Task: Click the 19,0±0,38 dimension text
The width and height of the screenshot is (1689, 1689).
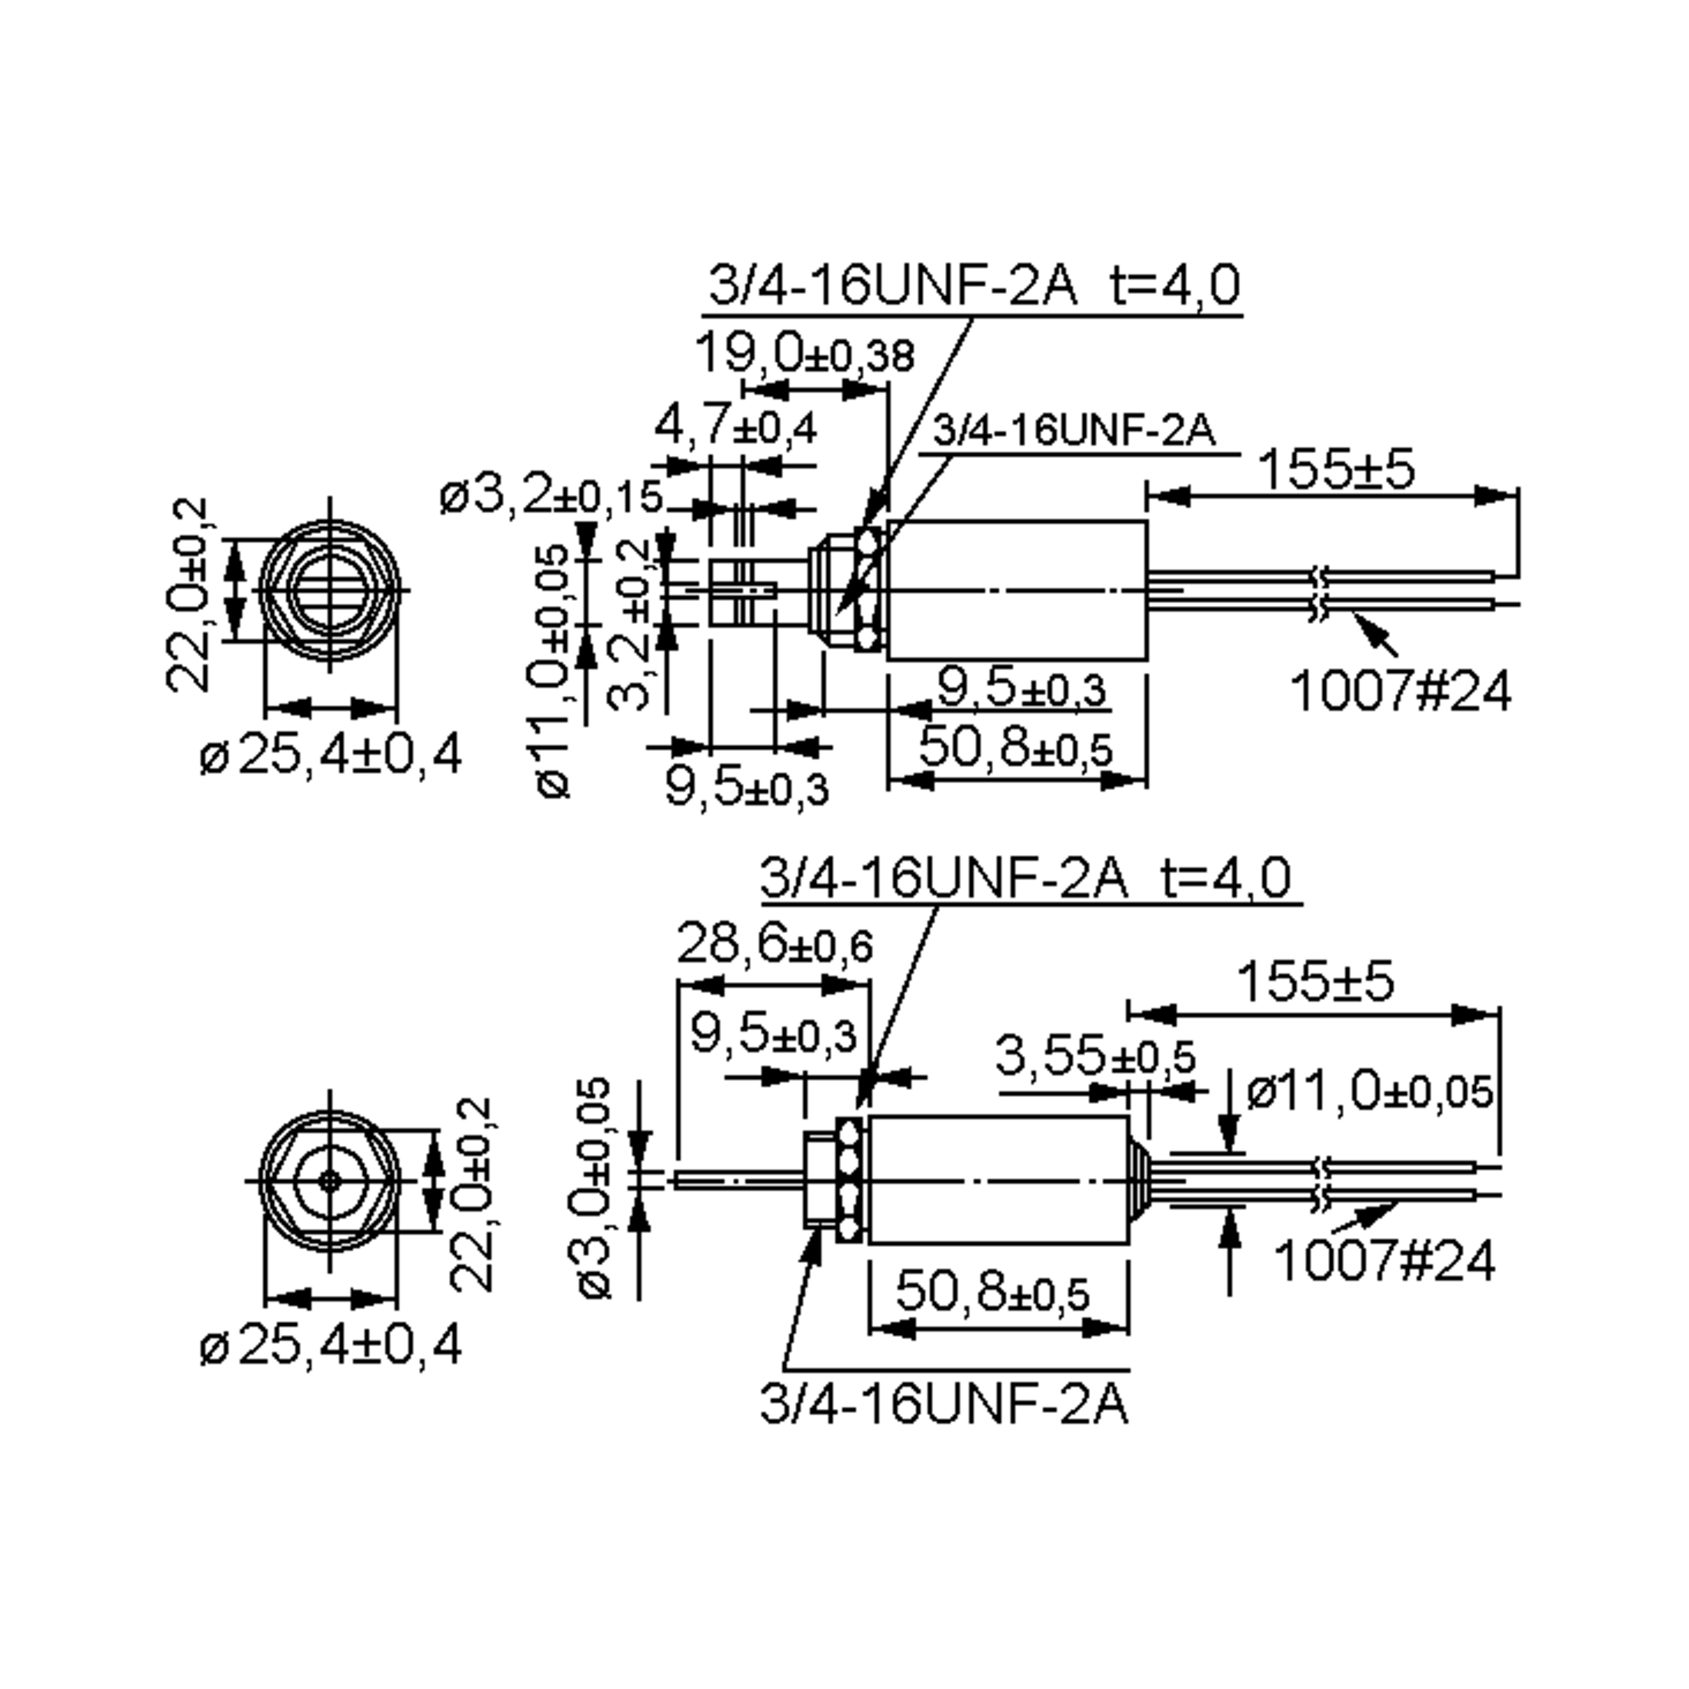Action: [x=805, y=354]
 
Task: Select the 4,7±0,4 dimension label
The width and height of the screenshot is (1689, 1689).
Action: [x=735, y=427]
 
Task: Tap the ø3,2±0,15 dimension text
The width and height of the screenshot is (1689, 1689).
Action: [x=552, y=498]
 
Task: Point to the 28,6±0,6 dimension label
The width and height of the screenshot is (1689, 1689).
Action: [x=776, y=945]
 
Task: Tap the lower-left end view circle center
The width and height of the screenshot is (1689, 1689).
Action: [x=329, y=1181]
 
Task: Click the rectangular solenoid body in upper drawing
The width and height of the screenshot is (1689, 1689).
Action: [x=1017, y=590]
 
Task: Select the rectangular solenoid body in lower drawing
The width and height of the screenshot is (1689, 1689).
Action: [x=997, y=1180]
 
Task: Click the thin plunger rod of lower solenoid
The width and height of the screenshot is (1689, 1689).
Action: [x=739, y=1180]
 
